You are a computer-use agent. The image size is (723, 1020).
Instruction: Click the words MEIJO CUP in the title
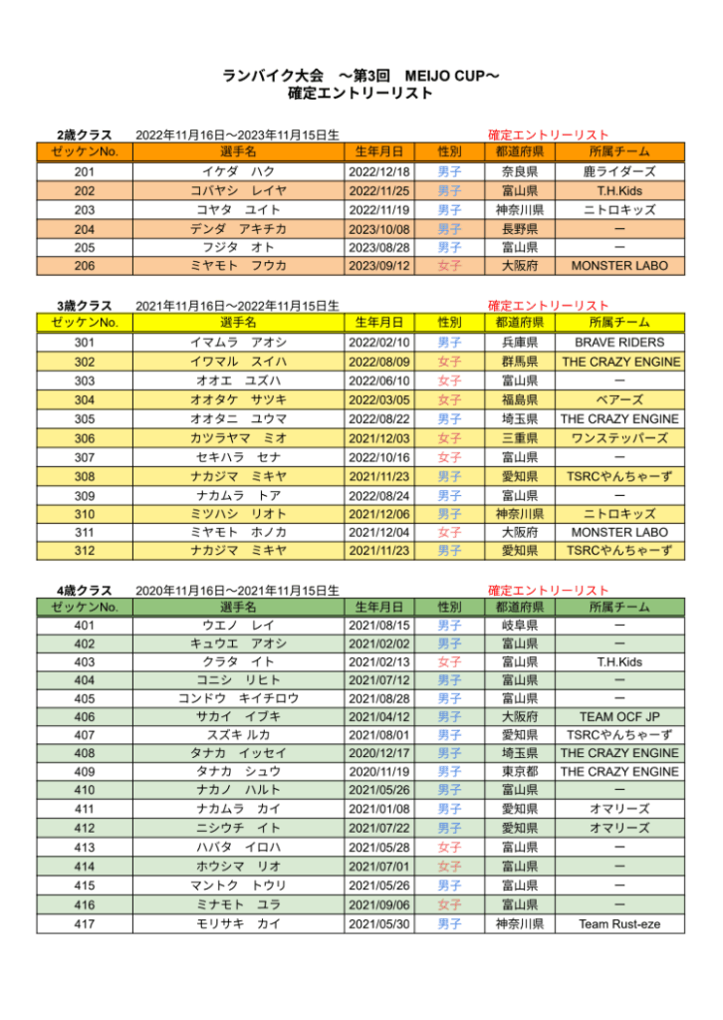pos(448,76)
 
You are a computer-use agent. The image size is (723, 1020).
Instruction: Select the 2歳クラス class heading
pos(84,134)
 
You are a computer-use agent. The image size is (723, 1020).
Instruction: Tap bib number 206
pos(84,266)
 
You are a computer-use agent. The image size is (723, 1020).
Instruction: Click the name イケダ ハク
pos(238,172)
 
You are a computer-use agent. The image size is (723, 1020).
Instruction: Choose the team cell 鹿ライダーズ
pos(618,172)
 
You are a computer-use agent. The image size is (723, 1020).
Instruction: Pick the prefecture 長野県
pos(519,229)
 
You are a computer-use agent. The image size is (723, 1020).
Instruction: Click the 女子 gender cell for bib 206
pos(449,266)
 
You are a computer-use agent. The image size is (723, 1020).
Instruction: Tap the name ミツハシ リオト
pos(238,513)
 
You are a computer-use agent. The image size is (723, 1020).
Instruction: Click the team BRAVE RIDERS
pos(618,343)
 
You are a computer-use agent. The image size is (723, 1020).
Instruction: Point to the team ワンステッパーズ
pos(618,437)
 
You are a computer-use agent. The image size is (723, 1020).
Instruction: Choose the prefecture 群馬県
pos(519,362)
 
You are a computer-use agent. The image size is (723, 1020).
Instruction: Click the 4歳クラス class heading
pos(84,591)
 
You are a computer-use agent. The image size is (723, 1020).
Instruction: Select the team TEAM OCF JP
pos(618,716)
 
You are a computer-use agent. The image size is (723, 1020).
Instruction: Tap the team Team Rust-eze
pos(618,923)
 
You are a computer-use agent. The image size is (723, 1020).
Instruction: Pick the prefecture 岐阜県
pos(519,626)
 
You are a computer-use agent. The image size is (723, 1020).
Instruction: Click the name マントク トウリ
pos(238,886)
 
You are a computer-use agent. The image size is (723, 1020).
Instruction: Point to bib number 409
pos(84,772)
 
